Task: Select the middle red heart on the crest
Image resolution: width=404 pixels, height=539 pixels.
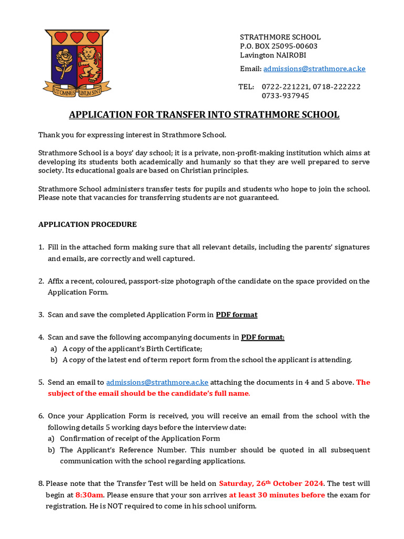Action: (x=78, y=37)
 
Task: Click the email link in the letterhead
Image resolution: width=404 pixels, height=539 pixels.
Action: (x=314, y=68)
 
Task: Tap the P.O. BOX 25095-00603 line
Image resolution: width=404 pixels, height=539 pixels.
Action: (x=279, y=46)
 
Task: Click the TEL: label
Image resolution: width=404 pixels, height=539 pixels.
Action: (x=246, y=86)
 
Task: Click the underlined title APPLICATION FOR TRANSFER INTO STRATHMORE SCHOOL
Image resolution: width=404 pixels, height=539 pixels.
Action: (x=205, y=115)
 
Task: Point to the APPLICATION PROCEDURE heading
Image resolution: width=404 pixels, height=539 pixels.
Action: (x=87, y=224)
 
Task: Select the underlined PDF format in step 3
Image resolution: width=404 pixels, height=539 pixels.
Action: (x=237, y=315)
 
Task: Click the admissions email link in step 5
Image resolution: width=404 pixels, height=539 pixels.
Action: (x=157, y=382)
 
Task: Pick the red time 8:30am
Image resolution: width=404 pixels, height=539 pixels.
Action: (x=89, y=495)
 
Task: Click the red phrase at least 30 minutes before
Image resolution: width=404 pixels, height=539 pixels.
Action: (x=277, y=495)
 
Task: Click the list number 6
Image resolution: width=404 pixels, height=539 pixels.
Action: (x=41, y=416)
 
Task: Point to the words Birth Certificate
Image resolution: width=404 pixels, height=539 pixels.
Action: (x=175, y=348)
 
